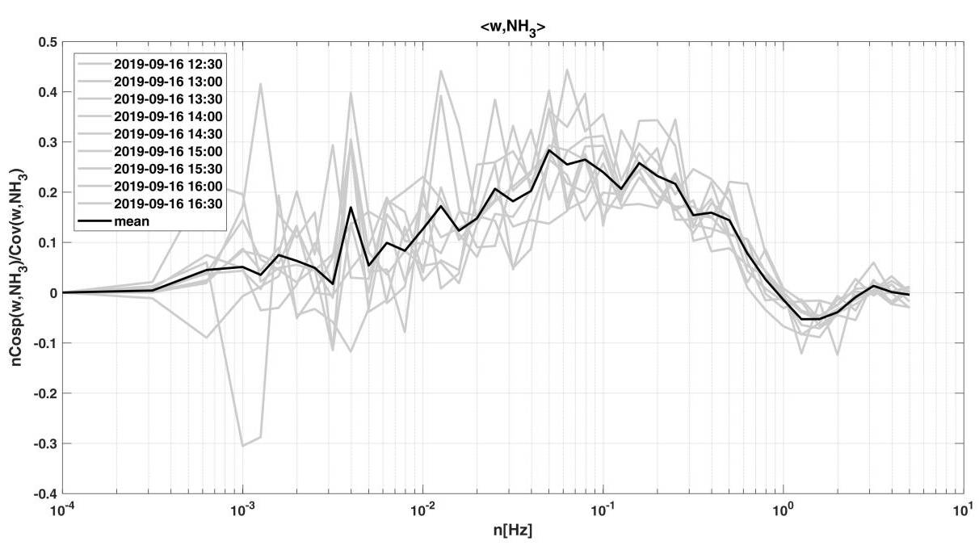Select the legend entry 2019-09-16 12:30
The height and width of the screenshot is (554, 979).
point(169,62)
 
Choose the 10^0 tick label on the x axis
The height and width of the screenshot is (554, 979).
point(782,510)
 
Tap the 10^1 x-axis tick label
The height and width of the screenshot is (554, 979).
point(961,510)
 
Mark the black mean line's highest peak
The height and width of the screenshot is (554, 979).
point(548,150)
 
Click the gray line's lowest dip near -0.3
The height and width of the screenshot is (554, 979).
point(243,446)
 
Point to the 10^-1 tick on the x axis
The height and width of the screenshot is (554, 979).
point(603,510)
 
